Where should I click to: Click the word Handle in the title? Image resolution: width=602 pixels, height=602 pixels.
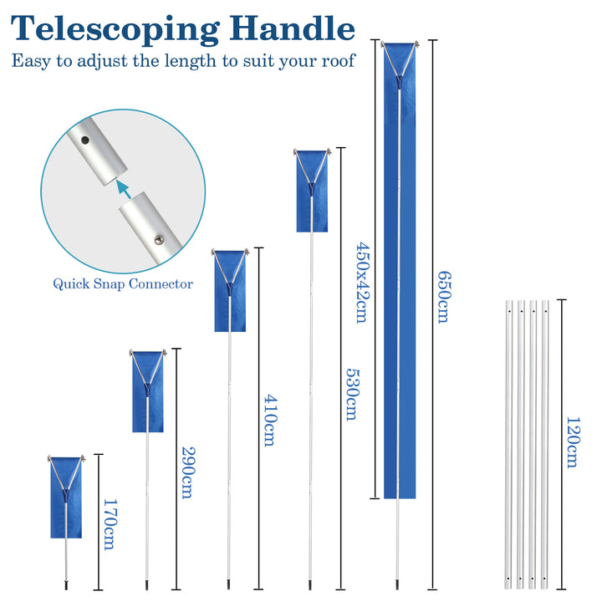point(288,28)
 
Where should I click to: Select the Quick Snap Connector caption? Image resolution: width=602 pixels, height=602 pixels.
point(123,283)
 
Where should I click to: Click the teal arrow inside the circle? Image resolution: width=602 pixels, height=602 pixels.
point(124,189)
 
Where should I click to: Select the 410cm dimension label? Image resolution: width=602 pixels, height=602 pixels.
point(268,420)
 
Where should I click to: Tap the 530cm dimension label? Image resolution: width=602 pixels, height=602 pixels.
point(351,394)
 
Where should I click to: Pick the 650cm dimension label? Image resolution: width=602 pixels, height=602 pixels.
point(443,297)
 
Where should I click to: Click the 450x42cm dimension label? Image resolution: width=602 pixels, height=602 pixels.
point(362,282)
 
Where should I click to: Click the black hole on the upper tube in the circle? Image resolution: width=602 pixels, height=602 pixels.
point(84,141)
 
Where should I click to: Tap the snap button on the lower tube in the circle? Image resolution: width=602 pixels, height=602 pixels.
point(159,240)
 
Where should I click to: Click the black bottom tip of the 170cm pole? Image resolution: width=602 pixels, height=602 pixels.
point(66,585)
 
